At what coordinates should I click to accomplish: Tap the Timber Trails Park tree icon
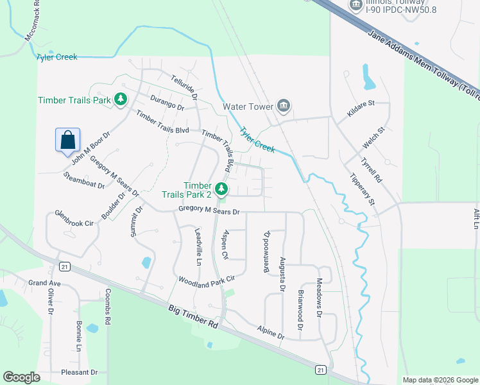tap(120, 99)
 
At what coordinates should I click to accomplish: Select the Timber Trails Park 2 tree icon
tap(221, 188)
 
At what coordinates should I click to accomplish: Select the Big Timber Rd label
tap(194, 318)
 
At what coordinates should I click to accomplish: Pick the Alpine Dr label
tap(270, 332)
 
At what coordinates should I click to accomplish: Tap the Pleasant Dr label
tap(79, 372)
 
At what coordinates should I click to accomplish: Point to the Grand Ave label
tap(44, 283)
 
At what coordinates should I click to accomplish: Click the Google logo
tap(21, 377)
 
